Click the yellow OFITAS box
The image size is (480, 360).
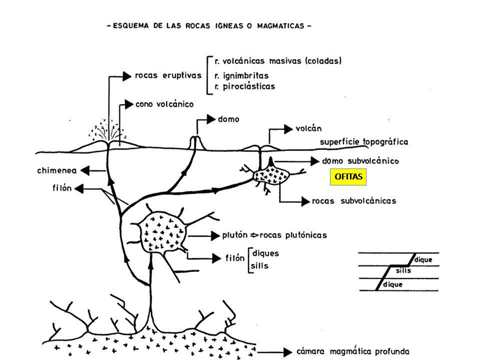pos(348,177)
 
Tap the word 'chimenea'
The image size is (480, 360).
pos(57,170)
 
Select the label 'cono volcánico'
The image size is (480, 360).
pos(164,104)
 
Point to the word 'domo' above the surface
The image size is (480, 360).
pos(228,119)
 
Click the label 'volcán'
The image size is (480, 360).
pos(308,128)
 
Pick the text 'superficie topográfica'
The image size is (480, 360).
pos(364,142)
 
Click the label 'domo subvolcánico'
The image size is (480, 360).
pos(360,161)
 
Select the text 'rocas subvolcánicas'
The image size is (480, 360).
pos(354,201)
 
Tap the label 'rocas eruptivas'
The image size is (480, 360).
pos(168,75)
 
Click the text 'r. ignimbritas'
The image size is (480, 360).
pos(241,75)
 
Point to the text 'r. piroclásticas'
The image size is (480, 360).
pos(244,86)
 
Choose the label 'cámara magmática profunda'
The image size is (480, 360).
pos(352,351)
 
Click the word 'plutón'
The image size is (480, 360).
pos(235,235)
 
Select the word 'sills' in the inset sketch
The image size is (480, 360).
pos(403,270)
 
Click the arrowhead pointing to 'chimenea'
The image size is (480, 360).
pos(85,170)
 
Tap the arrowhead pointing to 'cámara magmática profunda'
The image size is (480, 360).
pos(288,352)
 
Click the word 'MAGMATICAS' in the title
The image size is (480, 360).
pos(280,26)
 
